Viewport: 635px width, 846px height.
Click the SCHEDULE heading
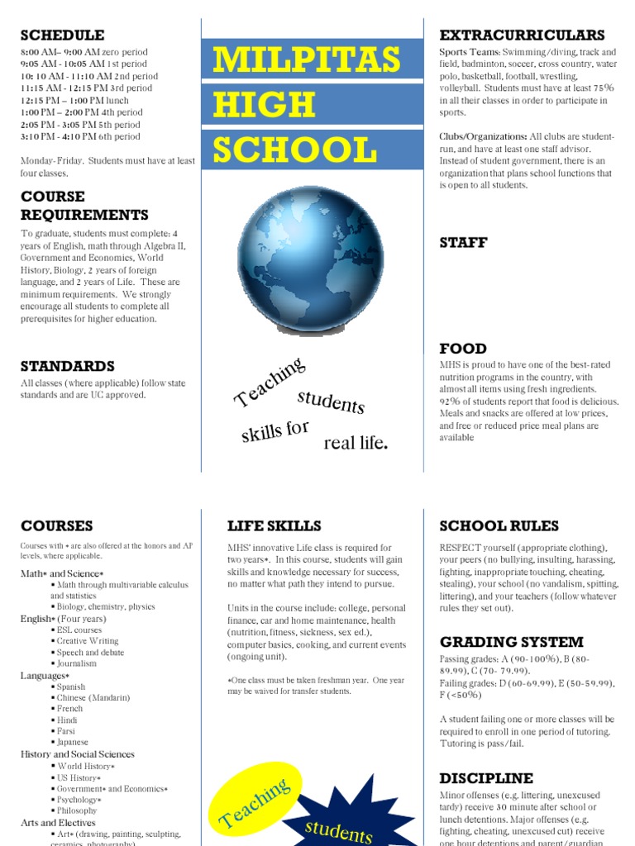pos(62,35)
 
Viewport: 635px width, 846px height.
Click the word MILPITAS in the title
pos(306,60)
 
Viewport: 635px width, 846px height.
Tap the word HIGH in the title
pos(264,105)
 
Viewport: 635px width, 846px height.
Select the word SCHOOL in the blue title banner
pos(294,150)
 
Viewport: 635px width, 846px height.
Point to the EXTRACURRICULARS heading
pos(522,35)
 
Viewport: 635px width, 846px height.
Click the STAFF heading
pos(463,242)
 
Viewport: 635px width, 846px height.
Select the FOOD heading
pos(463,348)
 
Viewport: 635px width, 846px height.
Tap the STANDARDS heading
pos(67,366)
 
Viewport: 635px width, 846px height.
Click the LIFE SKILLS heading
pos(274,525)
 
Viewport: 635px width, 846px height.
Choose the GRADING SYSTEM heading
pos(511,642)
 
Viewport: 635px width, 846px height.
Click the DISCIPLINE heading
pos(486,778)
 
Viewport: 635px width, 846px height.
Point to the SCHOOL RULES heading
pos(499,525)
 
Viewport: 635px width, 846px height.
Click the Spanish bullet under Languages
pos(70,687)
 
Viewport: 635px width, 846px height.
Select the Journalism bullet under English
pos(76,663)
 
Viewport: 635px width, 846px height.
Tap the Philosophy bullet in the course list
pos(76,810)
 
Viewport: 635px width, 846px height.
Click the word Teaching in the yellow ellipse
pos(254,803)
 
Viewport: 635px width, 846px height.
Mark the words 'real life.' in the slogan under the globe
pos(356,443)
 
